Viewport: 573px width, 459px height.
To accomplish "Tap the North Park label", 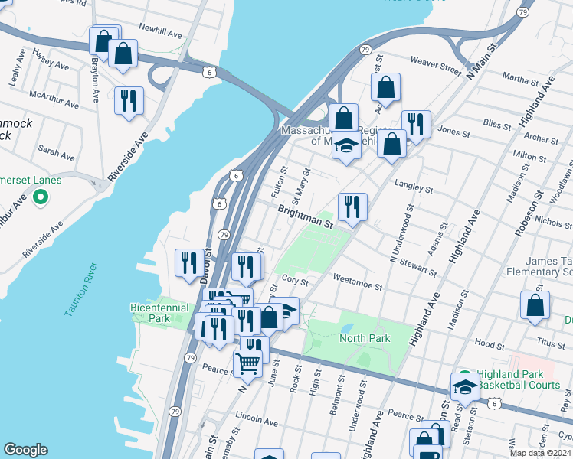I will (365, 338).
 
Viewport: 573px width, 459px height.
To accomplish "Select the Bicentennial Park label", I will (159, 312).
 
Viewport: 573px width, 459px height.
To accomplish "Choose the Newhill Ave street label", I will (160, 34).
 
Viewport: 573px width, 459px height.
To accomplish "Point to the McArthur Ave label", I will (54, 99).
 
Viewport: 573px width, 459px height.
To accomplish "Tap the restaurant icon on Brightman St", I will (352, 207).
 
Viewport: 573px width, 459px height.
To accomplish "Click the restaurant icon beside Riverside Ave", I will (129, 100).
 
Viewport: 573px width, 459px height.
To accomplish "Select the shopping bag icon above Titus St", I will (535, 304).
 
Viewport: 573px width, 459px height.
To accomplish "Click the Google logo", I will (25, 450).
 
